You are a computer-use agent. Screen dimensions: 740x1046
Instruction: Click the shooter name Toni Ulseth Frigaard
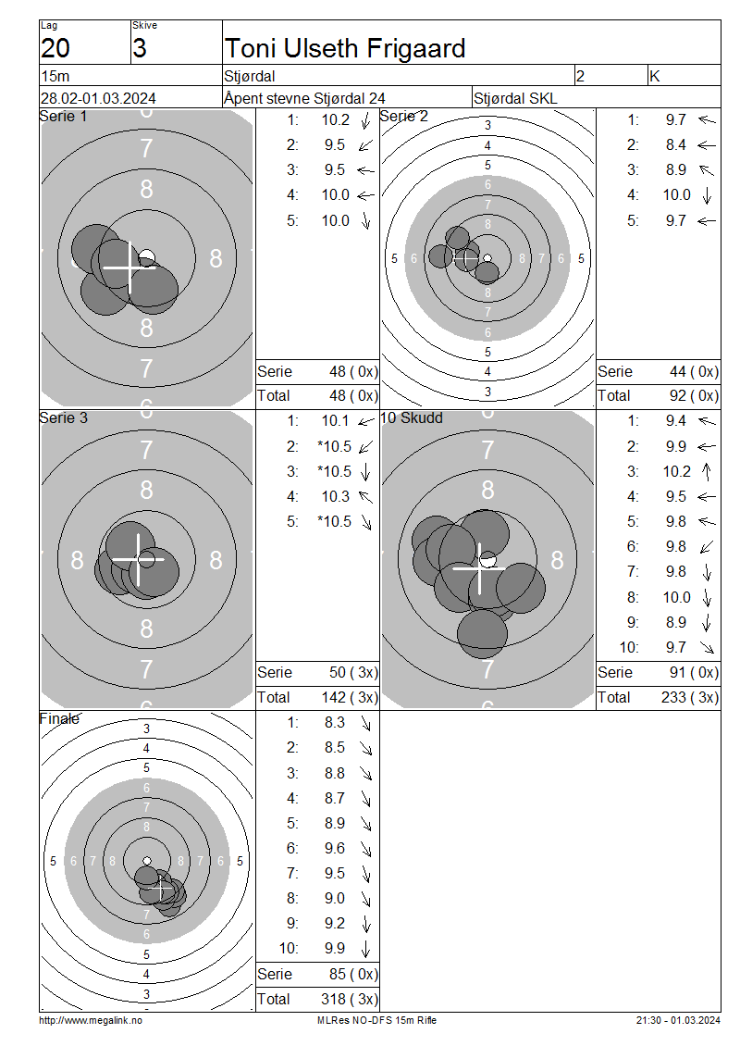pyautogui.click(x=345, y=49)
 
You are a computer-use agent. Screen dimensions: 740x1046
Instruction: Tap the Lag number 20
pyautogui.click(x=55, y=49)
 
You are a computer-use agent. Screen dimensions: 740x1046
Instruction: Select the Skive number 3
pyautogui.click(x=140, y=49)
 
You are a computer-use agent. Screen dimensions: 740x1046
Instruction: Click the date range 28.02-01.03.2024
pyautogui.click(x=98, y=98)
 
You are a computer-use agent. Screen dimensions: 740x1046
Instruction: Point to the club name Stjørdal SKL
pyautogui.click(x=515, y=99)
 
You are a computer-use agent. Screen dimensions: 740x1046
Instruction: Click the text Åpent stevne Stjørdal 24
pyautogui.click(x=304, y=98)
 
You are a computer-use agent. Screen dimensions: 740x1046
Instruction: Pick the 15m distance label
pyautogui.click(x=55, y=76)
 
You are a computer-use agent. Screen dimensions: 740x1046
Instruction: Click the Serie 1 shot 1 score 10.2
pyautogui.click(x=336, y=120)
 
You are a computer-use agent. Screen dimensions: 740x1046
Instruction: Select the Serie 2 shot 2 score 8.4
pyautogui.click(x=676, y=144)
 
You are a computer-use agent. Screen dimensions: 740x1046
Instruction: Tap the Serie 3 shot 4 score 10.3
pyautogui.click(x=336, y=496)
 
